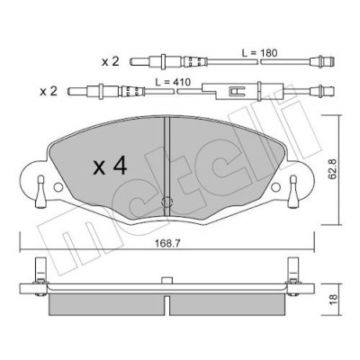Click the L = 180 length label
(260, 53)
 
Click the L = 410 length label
(173, 82)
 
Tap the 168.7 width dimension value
(167, 244)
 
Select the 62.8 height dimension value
(332, 169)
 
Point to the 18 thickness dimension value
(333, 300)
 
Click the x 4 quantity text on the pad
(110, 166)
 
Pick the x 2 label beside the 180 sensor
(111, 62)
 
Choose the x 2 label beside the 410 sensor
(49, 91)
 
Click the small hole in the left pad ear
(58, 187)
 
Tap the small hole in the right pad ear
(275, 187)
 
